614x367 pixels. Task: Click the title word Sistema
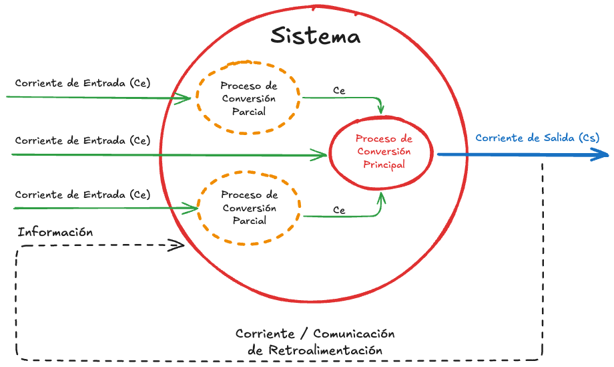[315, 36]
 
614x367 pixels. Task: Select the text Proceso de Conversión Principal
[383, 151]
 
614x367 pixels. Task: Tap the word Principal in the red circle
[383, 164]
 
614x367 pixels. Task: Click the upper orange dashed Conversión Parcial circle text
[248, 99]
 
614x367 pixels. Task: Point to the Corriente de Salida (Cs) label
[537, 138]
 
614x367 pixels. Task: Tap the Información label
[55, 233]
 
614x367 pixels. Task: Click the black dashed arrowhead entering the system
[178, 245]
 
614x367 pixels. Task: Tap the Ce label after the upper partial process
[339, 90]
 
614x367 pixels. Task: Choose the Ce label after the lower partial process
[339, 210]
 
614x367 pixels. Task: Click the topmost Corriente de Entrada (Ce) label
[82, 83]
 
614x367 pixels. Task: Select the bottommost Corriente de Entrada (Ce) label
[82, 195]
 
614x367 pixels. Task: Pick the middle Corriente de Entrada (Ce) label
[82, 140]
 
